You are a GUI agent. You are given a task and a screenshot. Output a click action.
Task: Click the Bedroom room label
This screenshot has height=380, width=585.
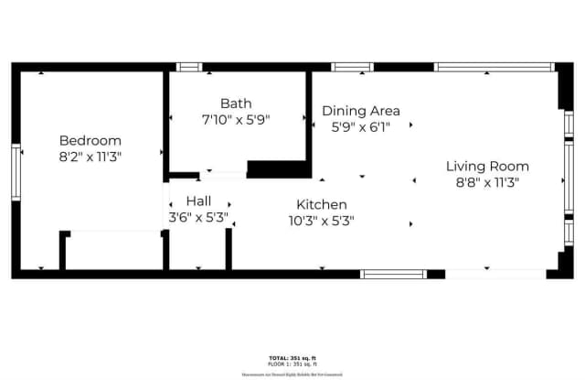(90, 140)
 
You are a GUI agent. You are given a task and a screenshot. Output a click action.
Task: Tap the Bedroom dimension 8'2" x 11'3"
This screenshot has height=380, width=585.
(90, 157)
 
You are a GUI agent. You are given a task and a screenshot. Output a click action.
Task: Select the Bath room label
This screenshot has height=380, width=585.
(236, 103)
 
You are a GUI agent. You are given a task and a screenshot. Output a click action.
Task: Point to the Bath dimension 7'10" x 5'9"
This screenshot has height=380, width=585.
(236, 120)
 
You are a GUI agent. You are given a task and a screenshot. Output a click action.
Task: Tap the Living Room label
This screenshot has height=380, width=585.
(487, 166)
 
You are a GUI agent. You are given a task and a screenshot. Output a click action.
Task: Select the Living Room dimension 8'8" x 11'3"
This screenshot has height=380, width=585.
(487, 182)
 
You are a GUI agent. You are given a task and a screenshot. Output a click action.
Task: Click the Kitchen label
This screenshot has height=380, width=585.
(321, 204)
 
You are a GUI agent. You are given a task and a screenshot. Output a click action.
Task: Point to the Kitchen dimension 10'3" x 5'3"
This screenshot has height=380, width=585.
(321, 221)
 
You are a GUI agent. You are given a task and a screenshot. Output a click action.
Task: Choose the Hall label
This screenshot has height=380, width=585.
(200, 201)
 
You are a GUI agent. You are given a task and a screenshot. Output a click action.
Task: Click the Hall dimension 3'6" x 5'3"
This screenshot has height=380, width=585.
(198, 218)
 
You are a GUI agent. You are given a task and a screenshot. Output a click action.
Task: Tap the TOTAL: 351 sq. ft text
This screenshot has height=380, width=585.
(292, 357)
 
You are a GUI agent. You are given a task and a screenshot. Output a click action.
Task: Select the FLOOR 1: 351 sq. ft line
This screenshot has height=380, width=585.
(292, 364)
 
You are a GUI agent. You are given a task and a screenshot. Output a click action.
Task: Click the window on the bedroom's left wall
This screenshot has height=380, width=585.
(16, 170)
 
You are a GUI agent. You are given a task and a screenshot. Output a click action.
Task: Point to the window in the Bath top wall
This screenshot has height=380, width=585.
(188, 67)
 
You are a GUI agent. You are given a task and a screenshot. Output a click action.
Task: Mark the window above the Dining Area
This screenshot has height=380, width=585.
(352, 67)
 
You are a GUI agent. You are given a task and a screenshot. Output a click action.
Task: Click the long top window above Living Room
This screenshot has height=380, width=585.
(494, 67)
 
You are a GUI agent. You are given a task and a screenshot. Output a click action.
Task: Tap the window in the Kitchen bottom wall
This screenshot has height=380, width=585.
(393, 274)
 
